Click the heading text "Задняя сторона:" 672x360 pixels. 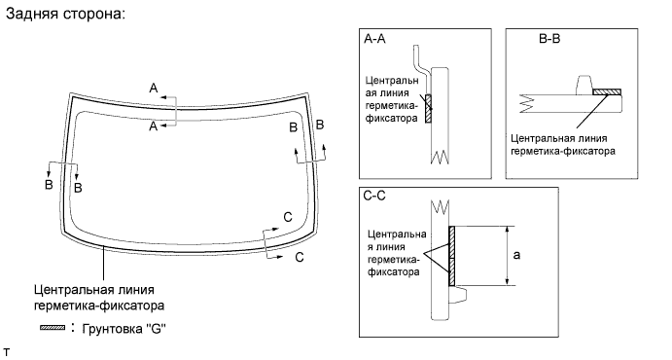[x=65, y=14]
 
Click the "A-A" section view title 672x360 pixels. [x=374, y=39]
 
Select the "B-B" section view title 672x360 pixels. [x=549, y=39]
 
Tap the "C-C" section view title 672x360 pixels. [x=374, y=196]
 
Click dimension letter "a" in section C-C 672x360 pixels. [x=516, y=256]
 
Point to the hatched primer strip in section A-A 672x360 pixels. [x=428, y=108]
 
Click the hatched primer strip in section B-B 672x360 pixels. [x=607, y=91]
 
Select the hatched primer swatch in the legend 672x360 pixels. [x=53, y=328]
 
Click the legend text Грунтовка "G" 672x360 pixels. [x=124, y=329]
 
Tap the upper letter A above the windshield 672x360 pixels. [x=154, y=89]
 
